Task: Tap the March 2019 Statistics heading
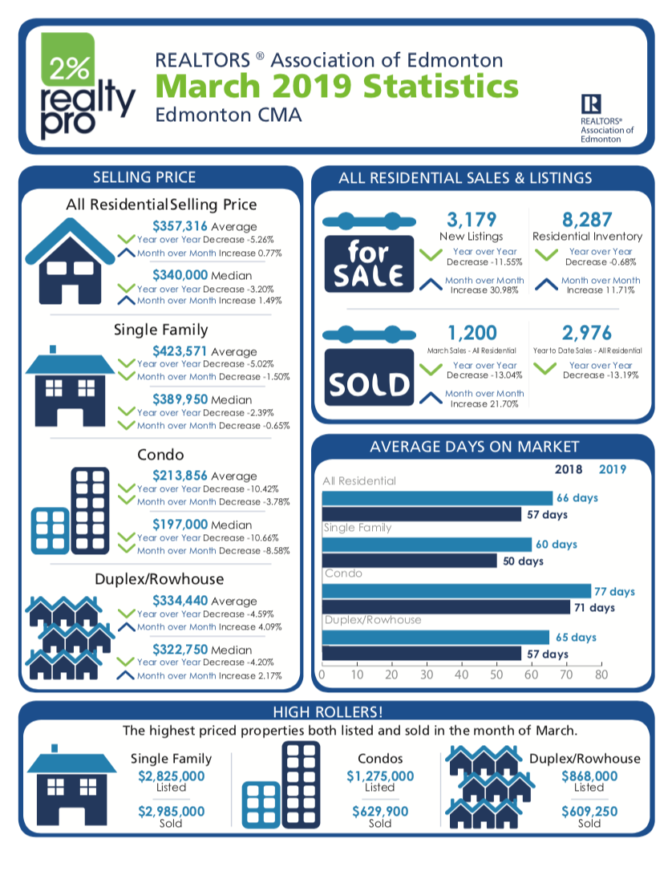click(x=336, y=85)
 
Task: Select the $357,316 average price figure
click(x=180, y=226)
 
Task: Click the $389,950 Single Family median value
click(x=180, y=399)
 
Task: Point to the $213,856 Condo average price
click(x=180, y=476)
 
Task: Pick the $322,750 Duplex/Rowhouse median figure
click(x=180, y=650)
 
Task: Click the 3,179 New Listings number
click(x=472, y=219)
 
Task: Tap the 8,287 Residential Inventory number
click(x=587, y=219)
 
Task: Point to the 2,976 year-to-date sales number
click(x=587, y=332)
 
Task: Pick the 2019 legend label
click(x=613, y=469)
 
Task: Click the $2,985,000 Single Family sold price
click(x=171, y=811)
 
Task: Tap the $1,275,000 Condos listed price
click(x=380, y=776)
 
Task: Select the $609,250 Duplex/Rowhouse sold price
click(x=589, y=811)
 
